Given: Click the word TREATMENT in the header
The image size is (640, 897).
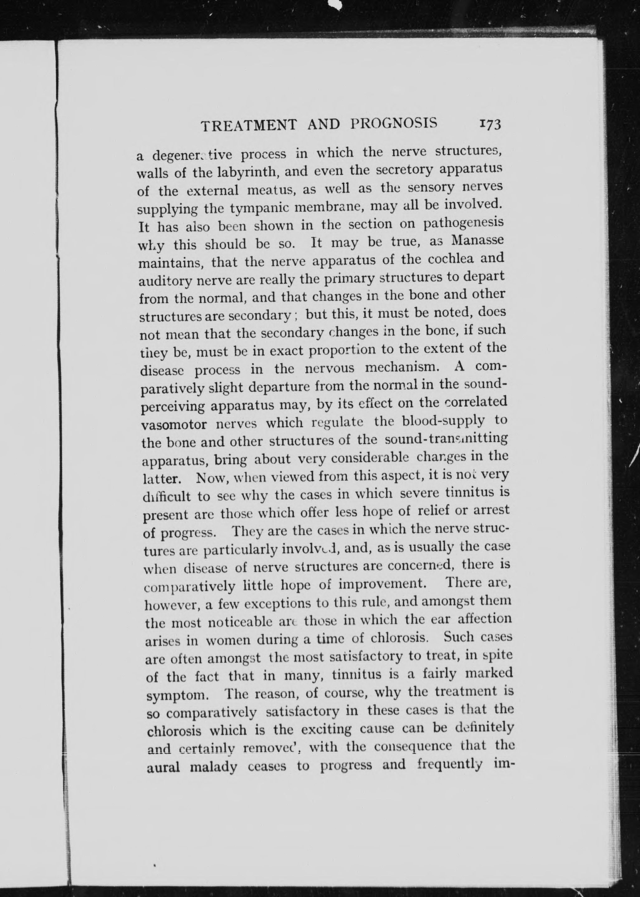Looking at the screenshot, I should pos(249,125).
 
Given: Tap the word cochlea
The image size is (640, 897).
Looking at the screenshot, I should pos(445,259).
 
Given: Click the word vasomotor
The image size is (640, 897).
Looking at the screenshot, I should pos(174,426).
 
